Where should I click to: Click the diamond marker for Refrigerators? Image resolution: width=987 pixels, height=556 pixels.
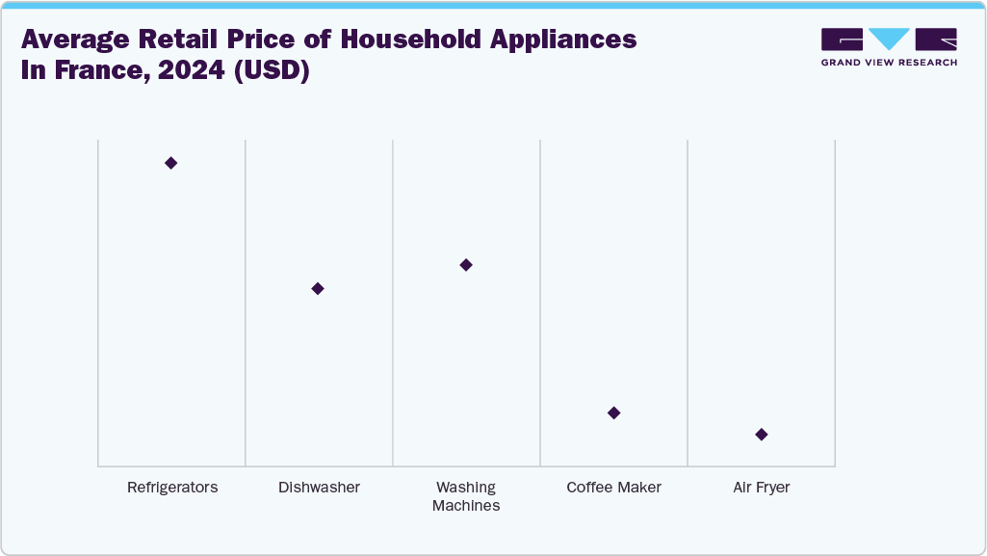(170, 163)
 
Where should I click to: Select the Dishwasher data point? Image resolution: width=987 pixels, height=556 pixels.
(318, 288)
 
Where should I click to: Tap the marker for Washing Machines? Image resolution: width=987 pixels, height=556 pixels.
(466, 265)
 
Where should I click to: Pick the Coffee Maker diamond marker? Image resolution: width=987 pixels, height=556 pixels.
(614, 412)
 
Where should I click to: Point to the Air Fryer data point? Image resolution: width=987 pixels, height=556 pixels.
(762, 435)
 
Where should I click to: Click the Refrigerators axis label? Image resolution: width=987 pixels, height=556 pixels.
(172, 488)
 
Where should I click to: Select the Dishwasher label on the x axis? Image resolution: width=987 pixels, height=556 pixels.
(319, 488)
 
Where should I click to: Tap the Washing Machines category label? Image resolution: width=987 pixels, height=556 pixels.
(466, 496)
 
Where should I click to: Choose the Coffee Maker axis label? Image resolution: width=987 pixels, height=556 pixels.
(614, 488)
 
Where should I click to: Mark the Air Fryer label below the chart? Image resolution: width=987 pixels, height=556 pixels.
(762, 488)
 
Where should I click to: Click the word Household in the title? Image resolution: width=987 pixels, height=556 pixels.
(386, 40)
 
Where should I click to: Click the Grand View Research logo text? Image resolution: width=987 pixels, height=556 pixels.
(889, 63)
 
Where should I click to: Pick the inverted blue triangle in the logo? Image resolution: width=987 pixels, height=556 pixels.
(889, 39)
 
